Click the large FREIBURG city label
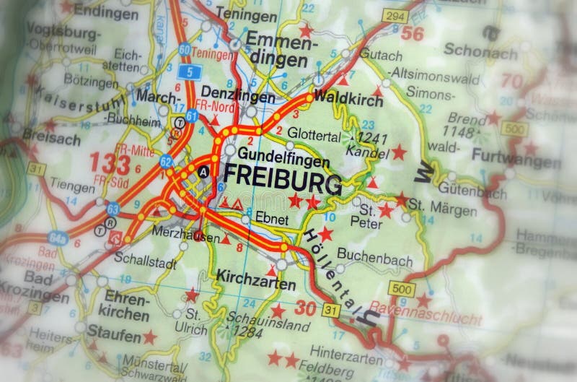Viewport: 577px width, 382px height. point(283,176)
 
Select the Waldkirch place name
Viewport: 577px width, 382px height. point(349,101)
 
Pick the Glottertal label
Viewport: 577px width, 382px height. point(314,134)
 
